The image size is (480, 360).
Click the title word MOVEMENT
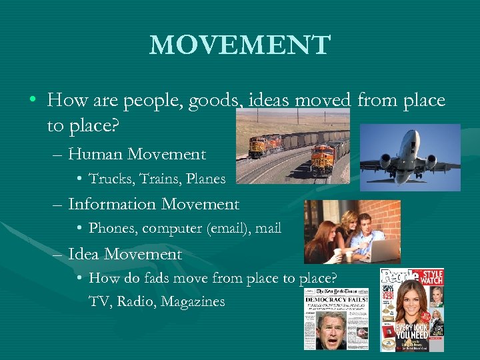(240, 45)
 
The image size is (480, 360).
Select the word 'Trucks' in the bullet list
(109, 179)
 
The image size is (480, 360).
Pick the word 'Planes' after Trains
(206, 179)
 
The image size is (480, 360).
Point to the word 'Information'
(112, 204)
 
